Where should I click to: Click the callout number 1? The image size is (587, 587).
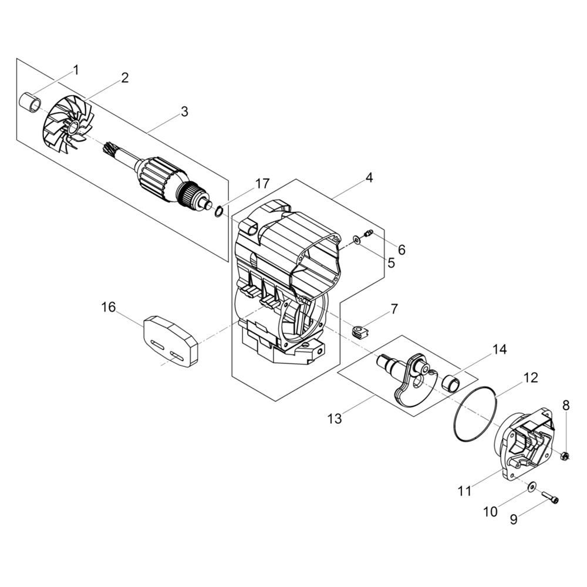coord(76,70)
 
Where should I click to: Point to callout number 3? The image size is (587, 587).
coord(184,112)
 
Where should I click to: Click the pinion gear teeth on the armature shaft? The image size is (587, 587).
coord(110,147)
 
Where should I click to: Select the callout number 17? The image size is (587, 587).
coord(262,184)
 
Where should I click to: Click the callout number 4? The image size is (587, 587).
coord(369,177)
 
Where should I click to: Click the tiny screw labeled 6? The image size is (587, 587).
coord(368,234)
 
